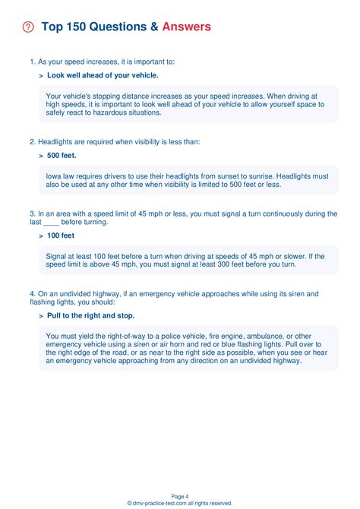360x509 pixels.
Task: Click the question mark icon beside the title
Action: pos(29,27)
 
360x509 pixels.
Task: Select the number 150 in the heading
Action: pos(77,27)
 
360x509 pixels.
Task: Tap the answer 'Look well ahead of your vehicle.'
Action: pos(103,75)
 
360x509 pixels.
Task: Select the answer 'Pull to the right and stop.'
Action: pos(91,315)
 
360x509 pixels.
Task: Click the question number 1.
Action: pos(32,62)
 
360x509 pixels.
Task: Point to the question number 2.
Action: pos(32,141)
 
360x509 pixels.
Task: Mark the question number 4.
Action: pos(32,293)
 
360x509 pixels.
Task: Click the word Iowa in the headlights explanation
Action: pos(55,175)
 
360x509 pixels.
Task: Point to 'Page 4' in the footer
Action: pos(180,495)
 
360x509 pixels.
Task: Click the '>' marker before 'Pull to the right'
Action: pos(41,315)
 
